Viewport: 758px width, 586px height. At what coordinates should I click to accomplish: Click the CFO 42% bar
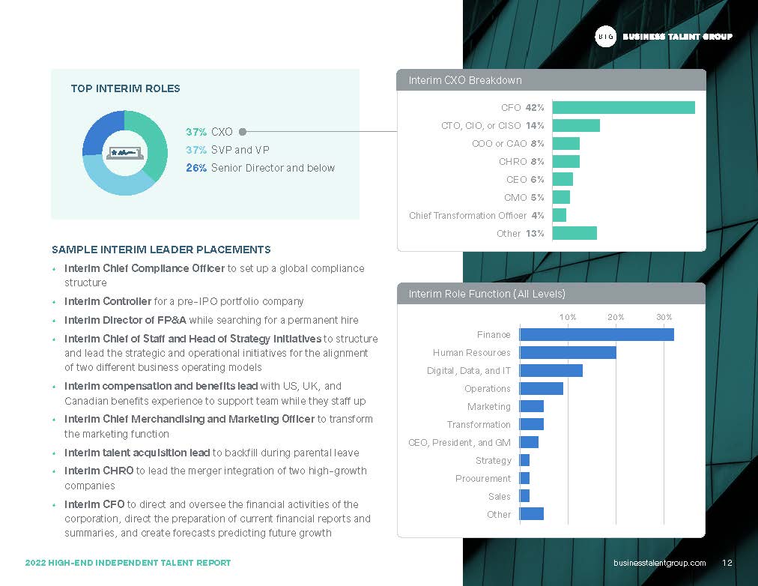coord(624,107)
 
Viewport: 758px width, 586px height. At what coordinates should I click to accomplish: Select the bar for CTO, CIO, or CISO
coord(576,126)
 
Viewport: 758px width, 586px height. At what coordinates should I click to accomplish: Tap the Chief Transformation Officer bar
coord(560,215)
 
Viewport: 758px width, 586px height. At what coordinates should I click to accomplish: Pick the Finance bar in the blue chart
coord(596,334)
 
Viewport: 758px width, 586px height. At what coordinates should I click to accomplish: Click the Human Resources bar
coord(568,352)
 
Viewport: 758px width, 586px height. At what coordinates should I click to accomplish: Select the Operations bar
coord(542,388)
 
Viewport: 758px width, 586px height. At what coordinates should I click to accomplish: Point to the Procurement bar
coord(524,478)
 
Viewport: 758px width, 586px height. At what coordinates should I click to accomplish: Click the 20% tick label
coord(616,317)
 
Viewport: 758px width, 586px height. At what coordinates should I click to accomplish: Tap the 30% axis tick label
coord(664,317)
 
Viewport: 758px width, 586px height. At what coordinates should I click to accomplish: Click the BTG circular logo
coord(605,36)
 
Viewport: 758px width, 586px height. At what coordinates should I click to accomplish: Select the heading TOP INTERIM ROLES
coord(125,88)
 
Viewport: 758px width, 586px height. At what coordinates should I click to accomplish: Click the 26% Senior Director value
coord(196,168)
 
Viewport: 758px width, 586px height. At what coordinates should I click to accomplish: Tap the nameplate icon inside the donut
coord(125,153)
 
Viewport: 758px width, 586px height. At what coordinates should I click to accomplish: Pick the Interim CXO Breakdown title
coord(465,80)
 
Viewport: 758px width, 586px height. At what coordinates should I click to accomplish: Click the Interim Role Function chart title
coord(487,294)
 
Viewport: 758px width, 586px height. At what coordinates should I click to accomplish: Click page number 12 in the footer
coord(727,563)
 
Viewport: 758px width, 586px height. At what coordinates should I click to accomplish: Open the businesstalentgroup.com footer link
coord(659,563)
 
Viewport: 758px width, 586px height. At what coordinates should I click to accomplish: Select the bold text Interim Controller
coord(108,301)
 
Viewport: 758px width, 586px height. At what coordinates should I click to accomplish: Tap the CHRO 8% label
coord(521,162)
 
